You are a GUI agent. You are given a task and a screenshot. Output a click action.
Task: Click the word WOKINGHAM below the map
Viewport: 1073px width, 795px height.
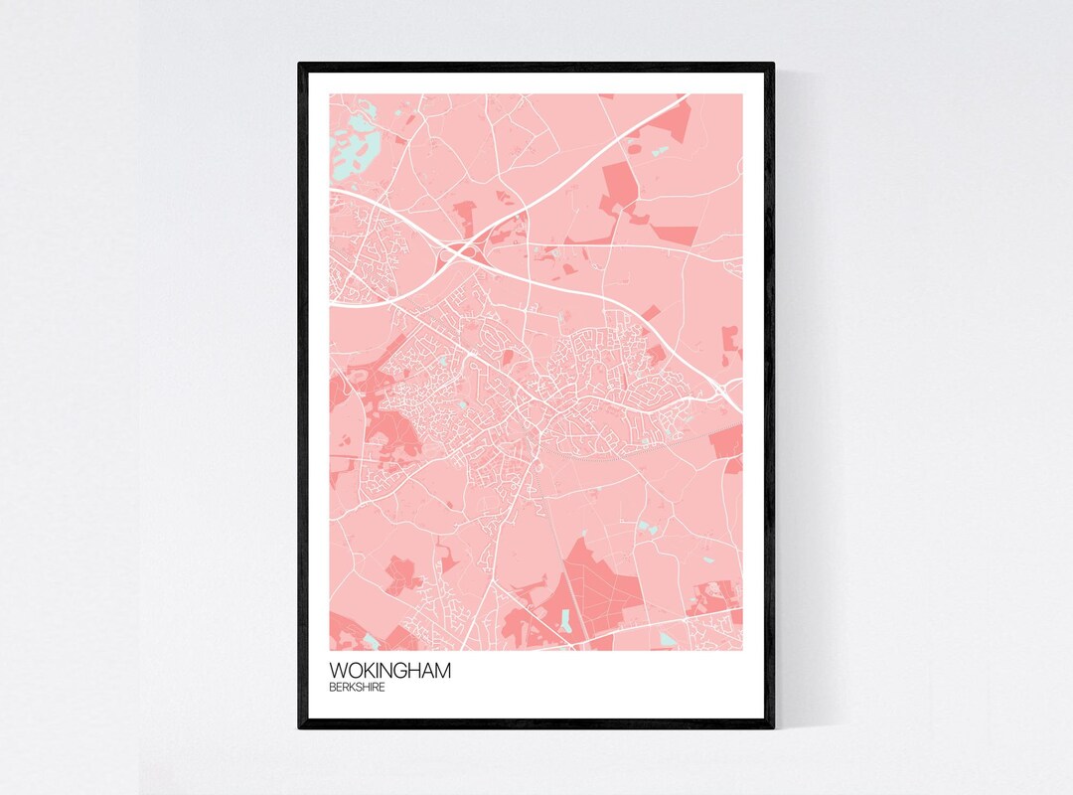pos(390,671)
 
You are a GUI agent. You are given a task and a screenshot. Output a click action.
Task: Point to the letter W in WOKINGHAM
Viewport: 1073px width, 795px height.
pos(339,671)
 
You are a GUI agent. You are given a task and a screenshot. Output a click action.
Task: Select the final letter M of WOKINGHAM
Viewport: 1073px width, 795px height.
pos(443,671)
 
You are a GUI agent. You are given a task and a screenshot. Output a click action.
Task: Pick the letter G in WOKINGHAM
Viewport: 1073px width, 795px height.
pos(402,671)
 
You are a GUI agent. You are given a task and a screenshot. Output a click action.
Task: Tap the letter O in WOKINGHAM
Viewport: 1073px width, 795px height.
pos(354,671)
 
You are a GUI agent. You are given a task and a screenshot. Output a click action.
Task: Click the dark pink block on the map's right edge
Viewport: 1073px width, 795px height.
pos(728,441)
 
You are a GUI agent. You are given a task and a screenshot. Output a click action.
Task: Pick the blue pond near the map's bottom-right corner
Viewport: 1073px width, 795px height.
pos(668,639)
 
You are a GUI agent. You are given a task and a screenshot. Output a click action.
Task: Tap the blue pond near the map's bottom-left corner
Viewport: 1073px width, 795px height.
pos(371,641)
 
